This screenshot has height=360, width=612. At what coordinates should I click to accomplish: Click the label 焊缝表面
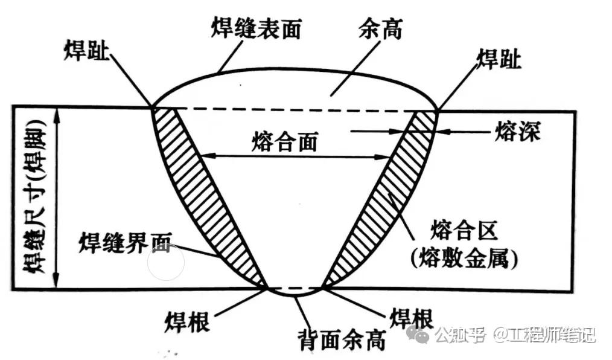coord(256,28)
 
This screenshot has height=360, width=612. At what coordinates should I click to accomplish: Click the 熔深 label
coord(517,131)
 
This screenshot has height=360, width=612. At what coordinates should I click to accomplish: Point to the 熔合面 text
coord(283,143)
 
